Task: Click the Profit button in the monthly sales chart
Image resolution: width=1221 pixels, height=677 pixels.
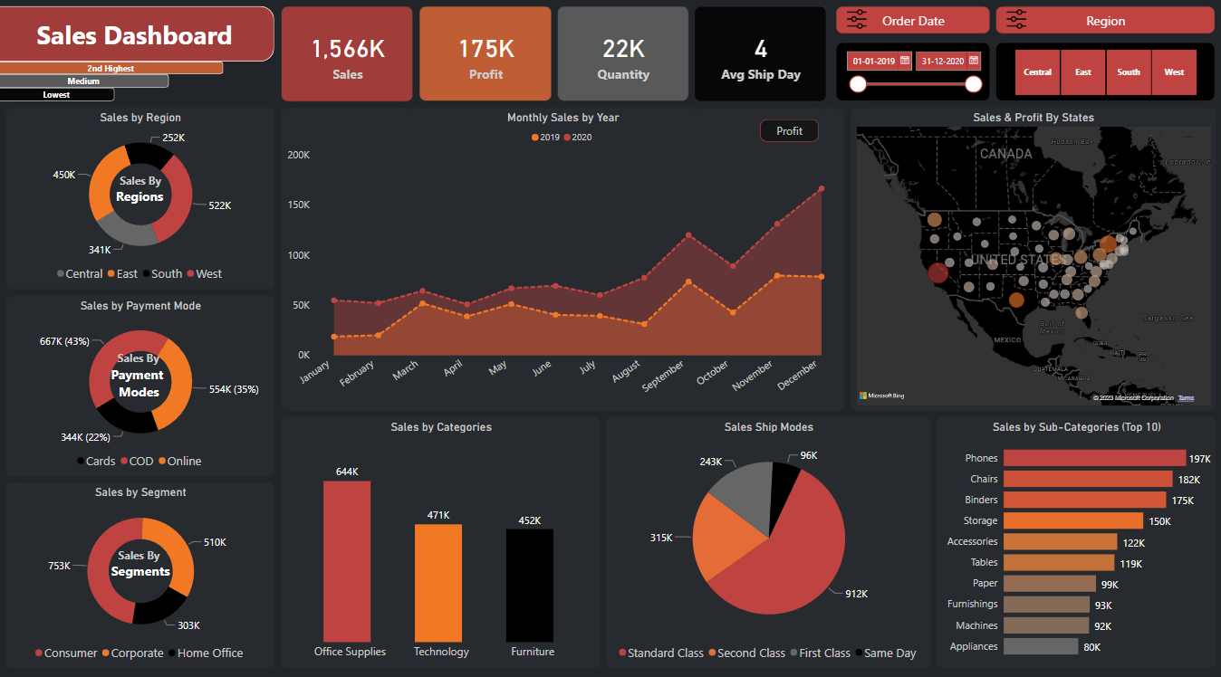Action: [x=789, y=131]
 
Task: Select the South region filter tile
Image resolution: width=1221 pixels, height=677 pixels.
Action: [x=1129, y=72]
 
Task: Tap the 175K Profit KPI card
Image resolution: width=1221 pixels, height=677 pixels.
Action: [x=485, y=54]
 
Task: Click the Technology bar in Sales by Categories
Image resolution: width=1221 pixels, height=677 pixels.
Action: [x=438, y=583]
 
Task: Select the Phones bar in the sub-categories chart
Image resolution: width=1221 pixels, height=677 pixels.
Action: [x=1094, y=459]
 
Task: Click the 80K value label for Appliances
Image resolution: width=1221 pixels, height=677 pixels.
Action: [x=1091, y=647]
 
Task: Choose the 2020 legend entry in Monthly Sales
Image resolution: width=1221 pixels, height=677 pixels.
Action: [x=578, y=138]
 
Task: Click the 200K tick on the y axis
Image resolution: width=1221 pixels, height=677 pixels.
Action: [x=298, y=155]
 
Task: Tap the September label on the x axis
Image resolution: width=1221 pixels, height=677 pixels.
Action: [x=664, y=375]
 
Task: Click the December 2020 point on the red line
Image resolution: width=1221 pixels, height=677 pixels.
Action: [x=822, y=188]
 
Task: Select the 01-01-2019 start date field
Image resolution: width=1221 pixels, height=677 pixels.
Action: [x=873, y=62]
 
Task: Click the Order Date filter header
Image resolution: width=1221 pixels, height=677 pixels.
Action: [x=912, y=21]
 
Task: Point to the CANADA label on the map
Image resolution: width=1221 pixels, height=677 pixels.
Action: [x=1005, y=154]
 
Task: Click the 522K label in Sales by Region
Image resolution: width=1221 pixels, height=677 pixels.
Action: [x=220, y=206]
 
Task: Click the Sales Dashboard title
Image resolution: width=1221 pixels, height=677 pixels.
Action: [x=134, y=35]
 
